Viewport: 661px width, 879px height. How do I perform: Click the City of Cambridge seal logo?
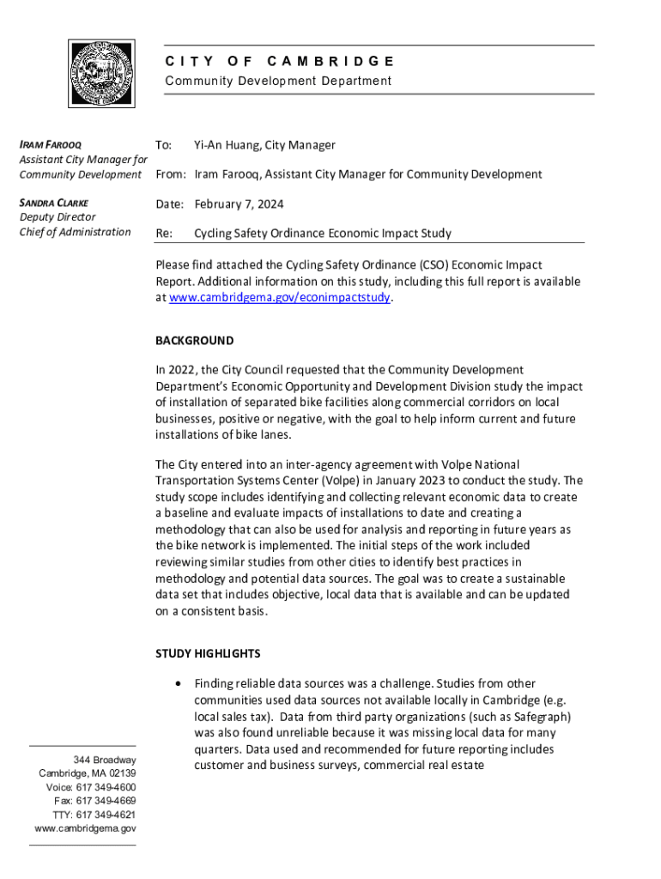coord(101,73)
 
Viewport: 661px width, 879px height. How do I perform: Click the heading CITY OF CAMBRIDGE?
coord(279,61)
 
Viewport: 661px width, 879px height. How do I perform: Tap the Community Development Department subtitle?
coord(278,81)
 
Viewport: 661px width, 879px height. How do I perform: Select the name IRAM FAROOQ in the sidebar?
coord(51,144)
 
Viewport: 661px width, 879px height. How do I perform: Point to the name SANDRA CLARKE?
coord(57,203)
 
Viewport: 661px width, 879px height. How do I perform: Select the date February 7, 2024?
coord(239,204)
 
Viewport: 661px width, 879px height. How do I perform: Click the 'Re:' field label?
coord(164,233)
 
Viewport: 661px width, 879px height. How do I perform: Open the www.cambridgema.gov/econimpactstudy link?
coord(280,297)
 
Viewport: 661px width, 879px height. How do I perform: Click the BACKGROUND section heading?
coord(194,341)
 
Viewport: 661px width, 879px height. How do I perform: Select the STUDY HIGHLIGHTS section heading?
coord(208,653)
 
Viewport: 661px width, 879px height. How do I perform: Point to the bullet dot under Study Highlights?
coord(176,684)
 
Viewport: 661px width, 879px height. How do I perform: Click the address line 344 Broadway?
coord(105,761)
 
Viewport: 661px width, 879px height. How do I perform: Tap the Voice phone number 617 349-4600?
coord(105,787)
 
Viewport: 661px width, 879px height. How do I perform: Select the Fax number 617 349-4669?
coord(107,801)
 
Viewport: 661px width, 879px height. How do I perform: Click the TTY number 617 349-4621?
coord(106,815)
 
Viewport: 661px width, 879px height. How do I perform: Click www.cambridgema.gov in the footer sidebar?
coord(85,828)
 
